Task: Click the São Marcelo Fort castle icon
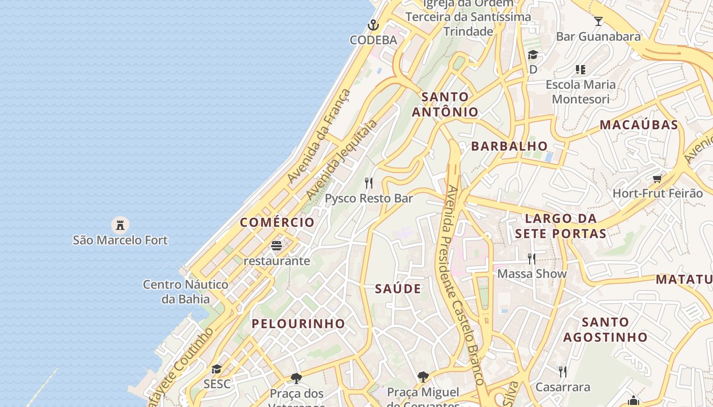pos(120,224)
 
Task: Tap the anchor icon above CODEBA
pos(373,25)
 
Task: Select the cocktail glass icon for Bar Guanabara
pos(598,21)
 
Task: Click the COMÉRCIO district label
pos(277,222)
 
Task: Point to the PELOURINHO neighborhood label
pos(298,324)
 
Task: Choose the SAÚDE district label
pos(398,289)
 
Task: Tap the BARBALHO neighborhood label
pos(509,146)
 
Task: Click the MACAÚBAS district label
pos(639,125)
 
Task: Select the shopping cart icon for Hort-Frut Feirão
pos(657,179)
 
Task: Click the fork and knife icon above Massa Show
pos(532,259)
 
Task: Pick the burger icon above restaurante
pos(277,246)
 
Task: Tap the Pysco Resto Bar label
pos(369,198)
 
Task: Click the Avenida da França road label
pos(319,136)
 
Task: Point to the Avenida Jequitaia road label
pos(342,159)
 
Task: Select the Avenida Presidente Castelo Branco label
pos(465,285)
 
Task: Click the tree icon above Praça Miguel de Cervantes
pos(423,377)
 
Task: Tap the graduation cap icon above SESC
pos(217,369)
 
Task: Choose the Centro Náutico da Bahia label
pos(185,292)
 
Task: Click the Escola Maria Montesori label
pos(581,92)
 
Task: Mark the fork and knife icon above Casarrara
pos(562,372)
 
